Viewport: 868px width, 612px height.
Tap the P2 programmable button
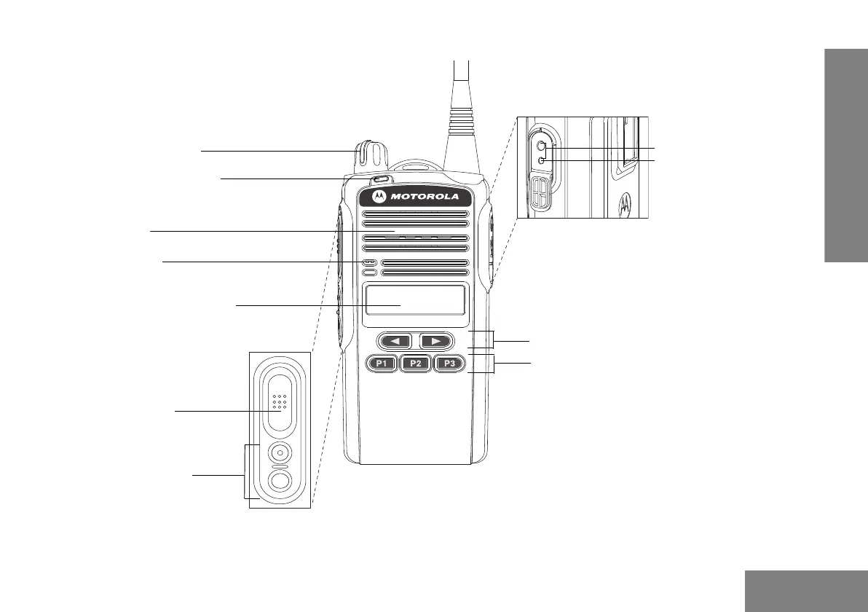(416, 364)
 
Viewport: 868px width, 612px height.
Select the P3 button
(450, 364)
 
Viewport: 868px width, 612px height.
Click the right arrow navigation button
(436, 340)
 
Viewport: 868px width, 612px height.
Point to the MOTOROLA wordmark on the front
(426, 197)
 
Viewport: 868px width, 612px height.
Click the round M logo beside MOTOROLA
(379, 197)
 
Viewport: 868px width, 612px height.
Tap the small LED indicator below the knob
(379, 180)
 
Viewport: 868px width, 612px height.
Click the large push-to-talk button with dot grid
(279, 403)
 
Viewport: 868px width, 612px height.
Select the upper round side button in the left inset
(279, 453)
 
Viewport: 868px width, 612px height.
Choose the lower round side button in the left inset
(279, 479)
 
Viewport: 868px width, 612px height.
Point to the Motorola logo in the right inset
(626, 206)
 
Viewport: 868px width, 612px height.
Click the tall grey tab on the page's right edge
(846, 155)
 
